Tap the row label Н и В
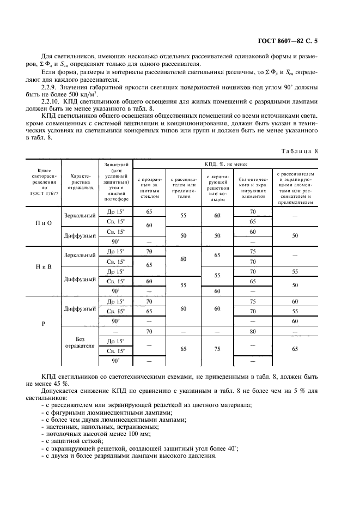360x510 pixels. pyautogui.click(x=43, y=266)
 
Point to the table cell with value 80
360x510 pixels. pyautogui.click(x=252, y=331)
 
